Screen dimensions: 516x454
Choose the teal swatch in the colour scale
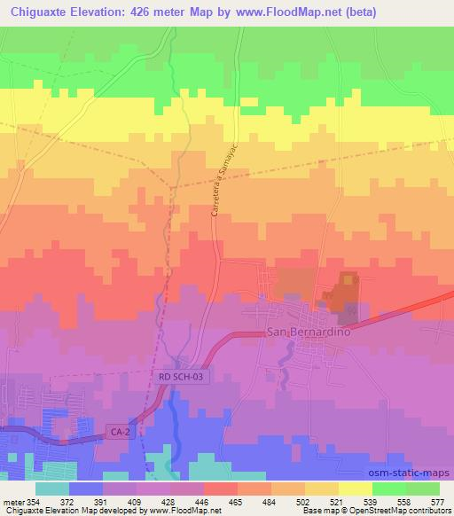52,488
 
